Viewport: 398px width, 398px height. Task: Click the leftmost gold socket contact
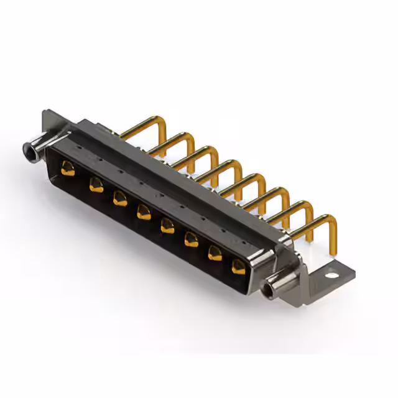click(x=67, y=166)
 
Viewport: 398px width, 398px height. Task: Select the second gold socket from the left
click(x=96, y=184)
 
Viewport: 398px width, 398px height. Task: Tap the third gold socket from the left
click(x=119, y=199)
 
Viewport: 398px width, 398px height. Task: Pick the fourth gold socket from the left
click(x=144, y=211)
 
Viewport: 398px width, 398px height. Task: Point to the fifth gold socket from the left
click(x=167, y=224)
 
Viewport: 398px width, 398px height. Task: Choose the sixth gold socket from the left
click(x=191, y=239)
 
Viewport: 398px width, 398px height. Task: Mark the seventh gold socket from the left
click(x=215, y=252)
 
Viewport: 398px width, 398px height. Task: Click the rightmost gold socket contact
click(x=238, y=267)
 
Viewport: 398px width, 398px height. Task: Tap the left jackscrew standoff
click(x=31, y=149)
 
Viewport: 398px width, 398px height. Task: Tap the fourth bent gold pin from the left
click(x=218, y=165)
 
